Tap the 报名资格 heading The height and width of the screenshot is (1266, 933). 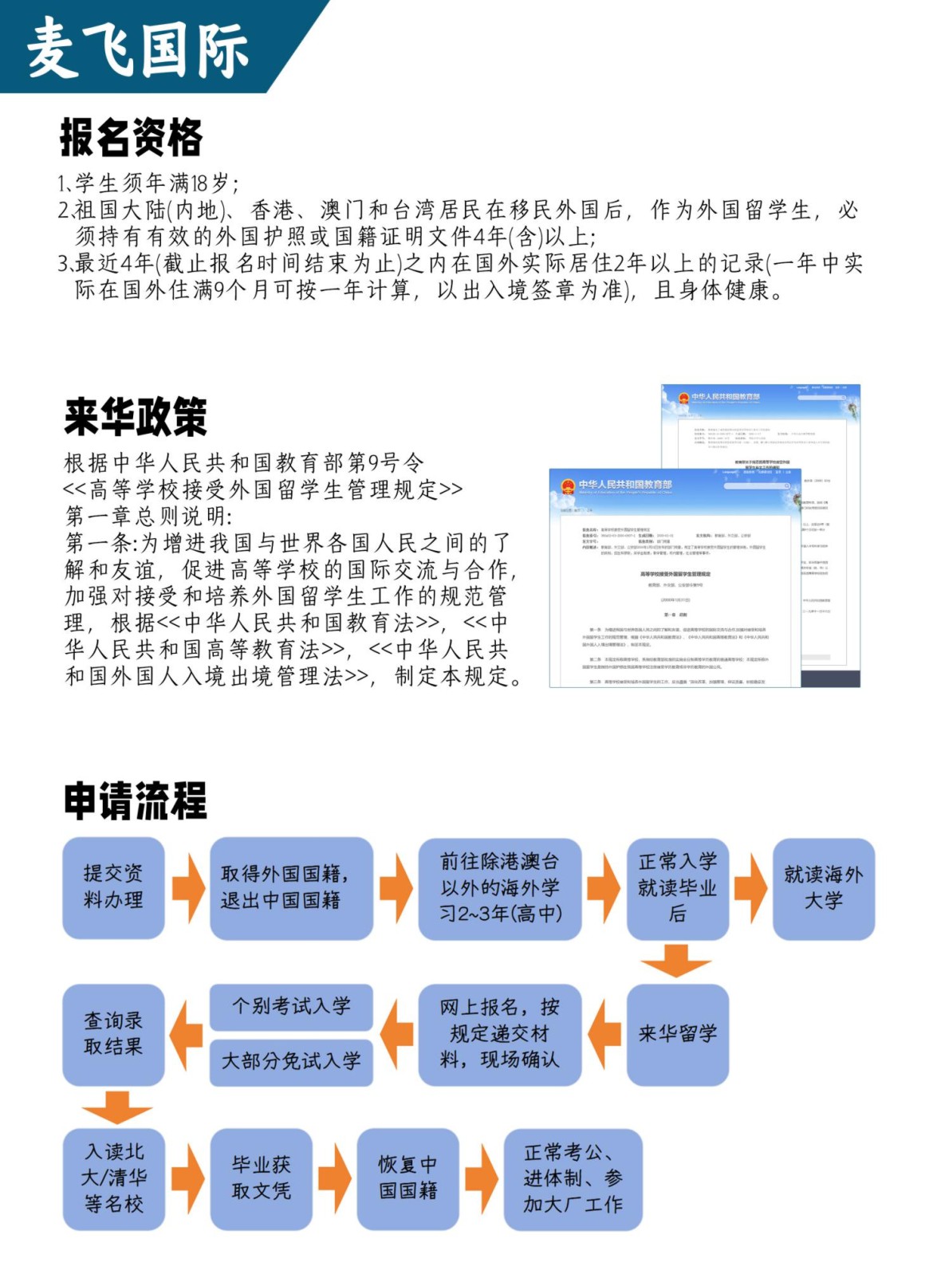(132, 137)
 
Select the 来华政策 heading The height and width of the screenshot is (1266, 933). (136, 416)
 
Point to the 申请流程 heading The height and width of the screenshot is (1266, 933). (136, 800)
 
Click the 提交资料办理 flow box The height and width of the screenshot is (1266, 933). (113, 887)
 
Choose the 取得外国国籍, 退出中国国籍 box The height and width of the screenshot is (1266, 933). (291, 887)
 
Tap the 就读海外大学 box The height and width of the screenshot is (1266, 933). (823, 888)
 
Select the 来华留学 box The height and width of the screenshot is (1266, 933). (677, 1034)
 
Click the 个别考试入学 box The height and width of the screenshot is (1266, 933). (291, 1006)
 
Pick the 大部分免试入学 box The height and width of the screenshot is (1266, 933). (291, 1061)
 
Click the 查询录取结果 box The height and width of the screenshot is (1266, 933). (113, 1034)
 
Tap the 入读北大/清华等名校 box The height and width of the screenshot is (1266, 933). (113, 1178)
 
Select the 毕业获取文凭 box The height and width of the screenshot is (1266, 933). (261, 1178)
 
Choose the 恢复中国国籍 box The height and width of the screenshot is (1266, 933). (407, 1178)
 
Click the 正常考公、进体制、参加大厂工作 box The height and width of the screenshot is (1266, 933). (573, 1178)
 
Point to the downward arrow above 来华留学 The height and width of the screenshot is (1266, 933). (675, 961)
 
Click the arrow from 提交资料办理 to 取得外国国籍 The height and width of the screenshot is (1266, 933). (188, 887)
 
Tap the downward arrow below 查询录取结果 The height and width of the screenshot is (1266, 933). (116, 1107)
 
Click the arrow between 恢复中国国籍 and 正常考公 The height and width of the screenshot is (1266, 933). (482, 1178)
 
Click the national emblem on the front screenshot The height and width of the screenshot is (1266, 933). (568, 486)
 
